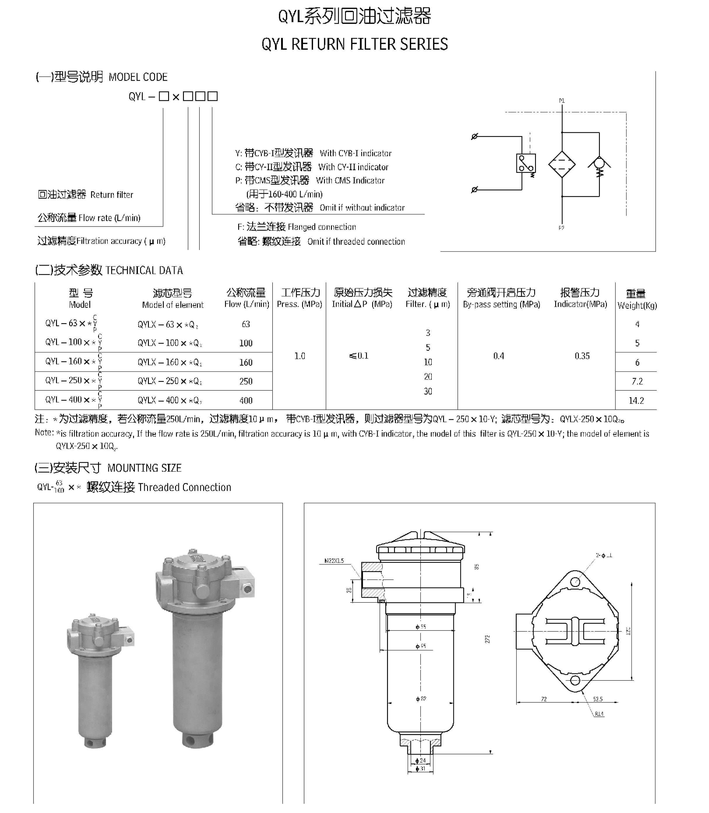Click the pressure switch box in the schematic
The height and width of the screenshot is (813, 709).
pos(526,163)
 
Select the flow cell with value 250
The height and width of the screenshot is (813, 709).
pos(246,381)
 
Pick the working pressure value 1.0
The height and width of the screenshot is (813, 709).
pos(299,356)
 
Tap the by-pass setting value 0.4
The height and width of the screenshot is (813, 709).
pos(499,356)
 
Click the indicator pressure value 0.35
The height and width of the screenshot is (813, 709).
pos(582,356)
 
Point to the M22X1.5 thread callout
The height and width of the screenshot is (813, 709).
pos(334,561)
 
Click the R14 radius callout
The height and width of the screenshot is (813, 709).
pos(599,714)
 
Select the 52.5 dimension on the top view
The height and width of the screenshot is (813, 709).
pos(598,699)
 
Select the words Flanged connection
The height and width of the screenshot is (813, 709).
pos(322,227)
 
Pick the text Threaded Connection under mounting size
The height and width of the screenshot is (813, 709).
pos(184,488)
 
